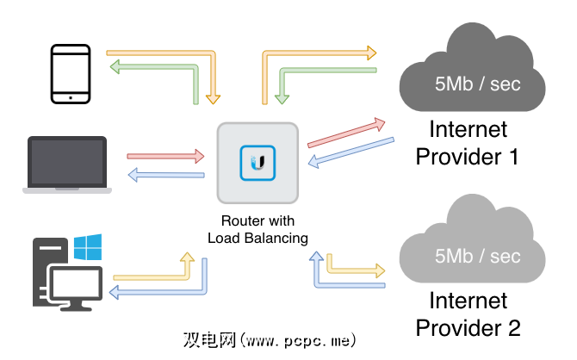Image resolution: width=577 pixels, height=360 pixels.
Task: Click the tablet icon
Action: (71, 74)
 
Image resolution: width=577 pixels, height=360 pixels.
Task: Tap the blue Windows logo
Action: (88, 247)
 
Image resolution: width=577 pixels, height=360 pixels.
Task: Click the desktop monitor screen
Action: (76, 282)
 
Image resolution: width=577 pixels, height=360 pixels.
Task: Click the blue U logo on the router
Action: (257, 162)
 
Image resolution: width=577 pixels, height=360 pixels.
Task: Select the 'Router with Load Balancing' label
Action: (257, 228)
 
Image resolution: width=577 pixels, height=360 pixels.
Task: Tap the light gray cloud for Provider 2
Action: (472, 245)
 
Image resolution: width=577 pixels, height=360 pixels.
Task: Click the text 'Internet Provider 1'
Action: (468, 144)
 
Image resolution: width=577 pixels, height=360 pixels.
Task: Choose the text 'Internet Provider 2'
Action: (468, 314)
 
